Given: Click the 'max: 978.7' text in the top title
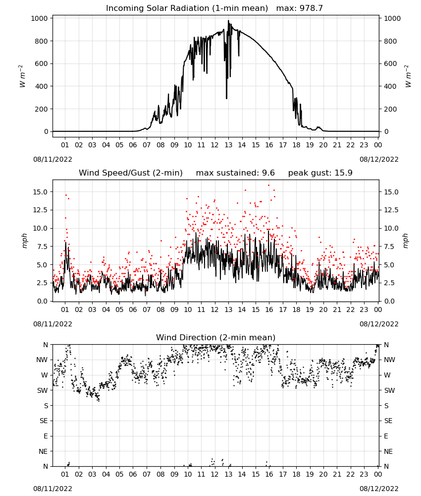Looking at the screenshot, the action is point(300,8).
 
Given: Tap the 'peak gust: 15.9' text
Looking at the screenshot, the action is point(320,173).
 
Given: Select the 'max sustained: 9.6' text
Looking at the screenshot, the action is point(235,173).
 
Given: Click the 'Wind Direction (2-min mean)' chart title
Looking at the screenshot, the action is point(216,337).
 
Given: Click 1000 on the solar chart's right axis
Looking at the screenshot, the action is point(392,18).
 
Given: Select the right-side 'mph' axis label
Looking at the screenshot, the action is point(406,241).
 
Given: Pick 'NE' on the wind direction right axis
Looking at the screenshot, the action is point(388,451).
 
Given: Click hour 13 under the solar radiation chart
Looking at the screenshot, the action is point(228,145).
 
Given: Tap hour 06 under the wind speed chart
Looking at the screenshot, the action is point(133,310).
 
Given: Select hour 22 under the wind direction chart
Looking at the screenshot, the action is point(351,474).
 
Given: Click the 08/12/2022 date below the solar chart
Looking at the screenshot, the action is point(379,159).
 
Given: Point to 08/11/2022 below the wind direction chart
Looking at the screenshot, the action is point(53,489).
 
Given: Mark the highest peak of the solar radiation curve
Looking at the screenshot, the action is point(228,20).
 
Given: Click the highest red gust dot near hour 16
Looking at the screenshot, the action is point(269,185).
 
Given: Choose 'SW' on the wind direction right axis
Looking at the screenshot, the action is point(389,390).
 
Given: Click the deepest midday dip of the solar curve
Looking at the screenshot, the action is point(226,98).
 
